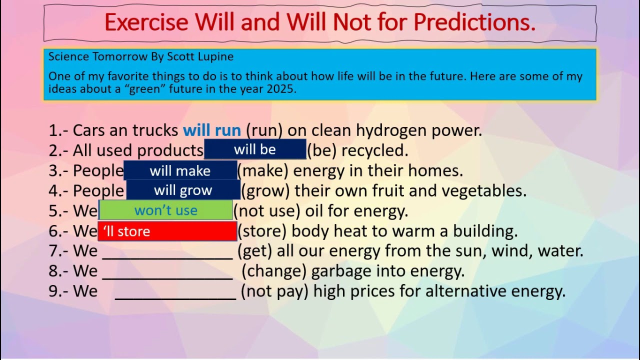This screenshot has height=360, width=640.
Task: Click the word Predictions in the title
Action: pos(474,22)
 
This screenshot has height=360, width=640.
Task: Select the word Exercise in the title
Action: pos(146,22)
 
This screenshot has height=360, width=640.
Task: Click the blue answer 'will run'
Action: pos(212,130)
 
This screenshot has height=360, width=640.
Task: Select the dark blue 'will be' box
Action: pos(255,150)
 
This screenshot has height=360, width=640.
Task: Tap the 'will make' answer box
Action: pos(180,170)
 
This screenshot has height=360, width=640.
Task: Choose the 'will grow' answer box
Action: pos(183,190)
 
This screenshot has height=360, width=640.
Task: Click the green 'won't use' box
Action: pos(166,210)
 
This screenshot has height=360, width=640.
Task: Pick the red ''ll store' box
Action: pos(167,231)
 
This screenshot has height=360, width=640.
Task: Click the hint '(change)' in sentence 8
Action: pos(274,271)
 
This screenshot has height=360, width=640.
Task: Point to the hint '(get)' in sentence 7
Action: pos(254,251)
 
